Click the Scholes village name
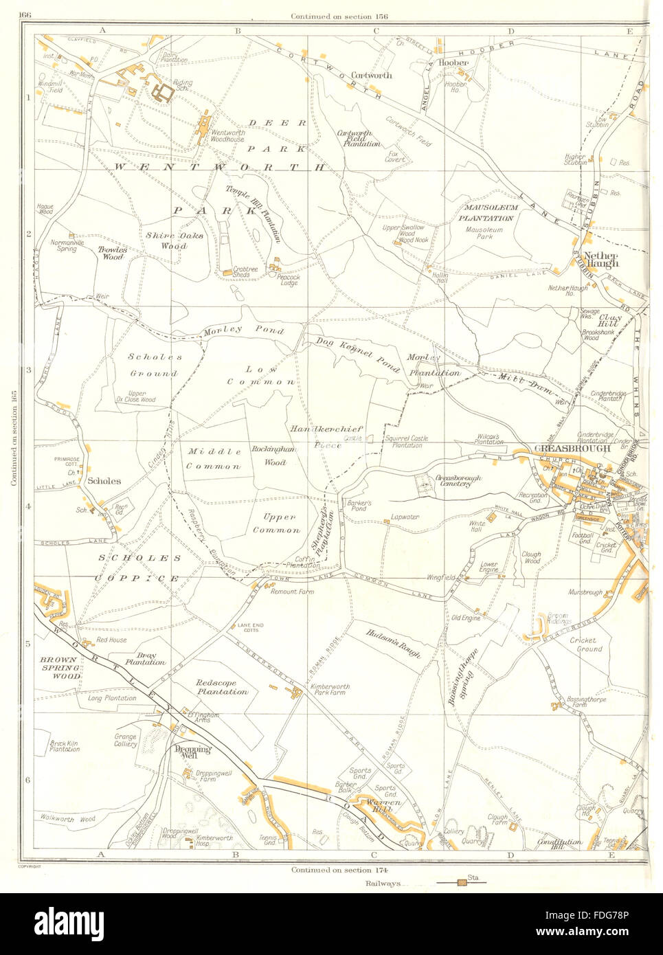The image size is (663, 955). click(x=104, y=482)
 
